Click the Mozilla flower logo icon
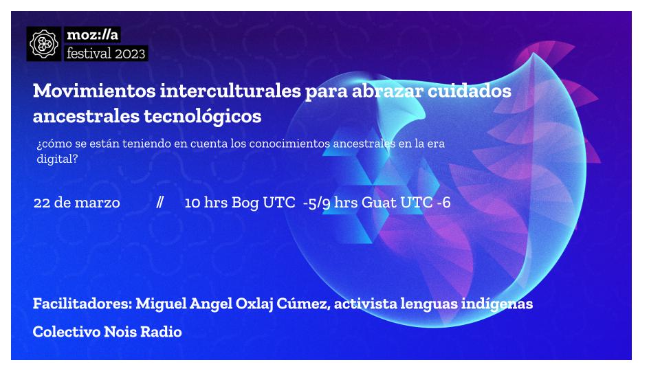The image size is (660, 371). (44, 43)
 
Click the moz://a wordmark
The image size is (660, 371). (93, 34)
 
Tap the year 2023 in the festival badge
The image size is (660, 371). (126, 53)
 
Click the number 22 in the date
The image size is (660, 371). (41, 203)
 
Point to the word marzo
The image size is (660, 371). (98, 203)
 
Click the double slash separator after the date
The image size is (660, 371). (159, 203)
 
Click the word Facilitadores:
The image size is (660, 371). (82, 303)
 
